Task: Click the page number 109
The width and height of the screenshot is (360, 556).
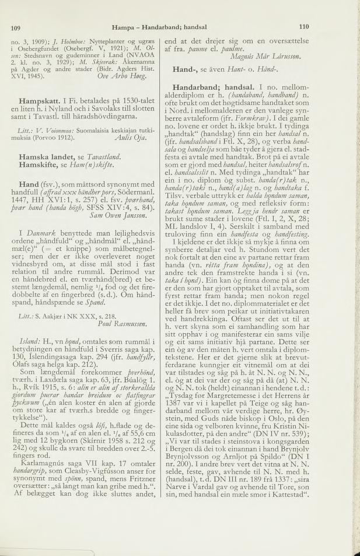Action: (x=16, y=27)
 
